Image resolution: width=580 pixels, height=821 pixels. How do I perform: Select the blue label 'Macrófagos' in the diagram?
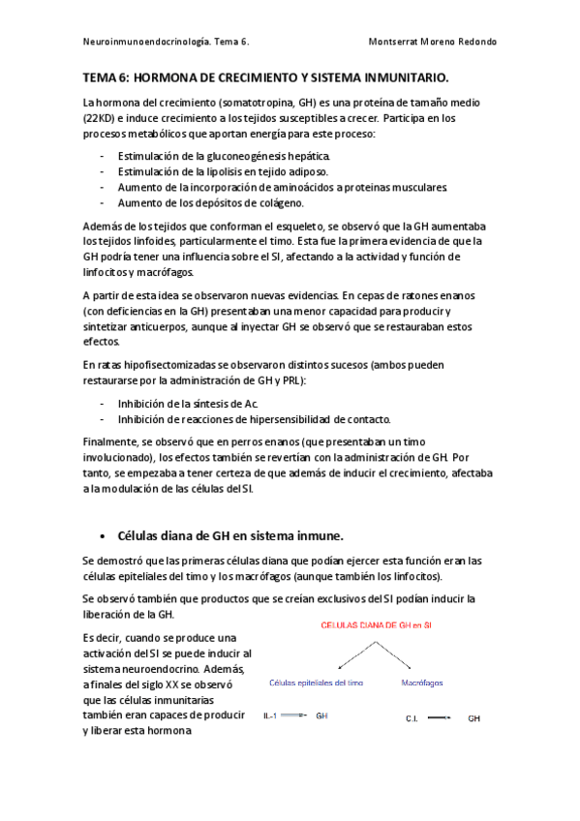tap(422, 683)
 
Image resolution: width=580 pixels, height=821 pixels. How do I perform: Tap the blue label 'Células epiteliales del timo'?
tap(316, 683)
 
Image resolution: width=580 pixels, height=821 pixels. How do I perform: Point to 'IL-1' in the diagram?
tap(270, 716)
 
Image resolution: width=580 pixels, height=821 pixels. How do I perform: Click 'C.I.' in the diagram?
tap(412, 719)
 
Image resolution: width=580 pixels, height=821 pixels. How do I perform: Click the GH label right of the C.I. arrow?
tap(473, 719)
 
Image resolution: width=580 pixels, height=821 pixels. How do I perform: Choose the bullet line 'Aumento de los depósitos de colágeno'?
tap(210, 203)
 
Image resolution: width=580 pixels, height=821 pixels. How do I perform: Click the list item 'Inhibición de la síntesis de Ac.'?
tap(188, 403)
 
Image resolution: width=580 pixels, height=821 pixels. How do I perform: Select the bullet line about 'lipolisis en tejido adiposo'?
tap(210, 171)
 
